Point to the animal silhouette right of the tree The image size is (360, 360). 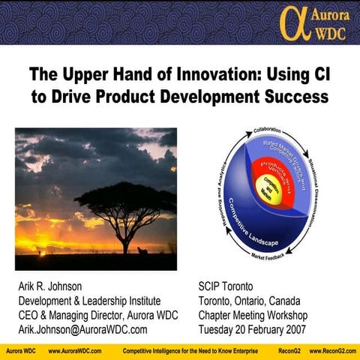tap(143, 250)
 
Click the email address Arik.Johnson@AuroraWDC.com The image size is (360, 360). tap(82, 329)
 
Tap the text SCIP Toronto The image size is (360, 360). tap(226, 287)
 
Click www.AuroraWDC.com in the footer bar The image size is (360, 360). tap(75, 351)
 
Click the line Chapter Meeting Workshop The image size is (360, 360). tap(253, 315)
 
